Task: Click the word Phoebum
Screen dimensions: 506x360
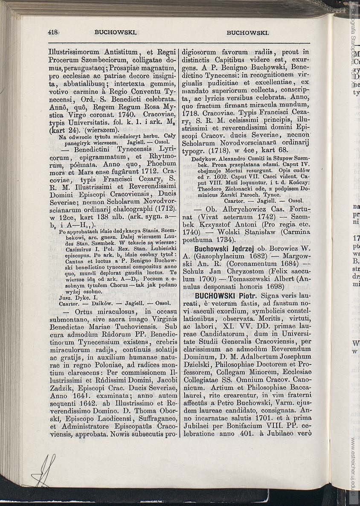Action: click(x=161, y=163)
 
